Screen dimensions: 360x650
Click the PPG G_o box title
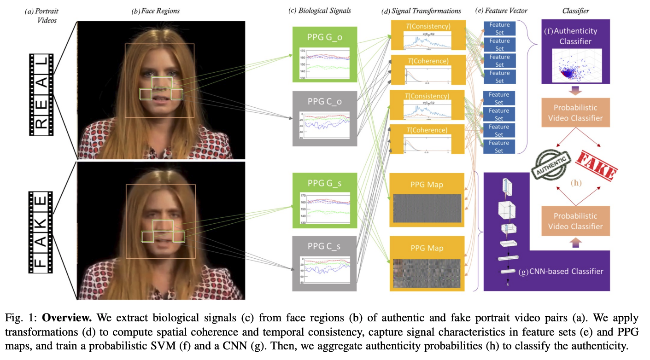click(x=324, y=37)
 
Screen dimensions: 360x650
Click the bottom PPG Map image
click(x=427, y=273)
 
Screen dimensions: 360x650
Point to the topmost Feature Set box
click(x=499, y=28)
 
